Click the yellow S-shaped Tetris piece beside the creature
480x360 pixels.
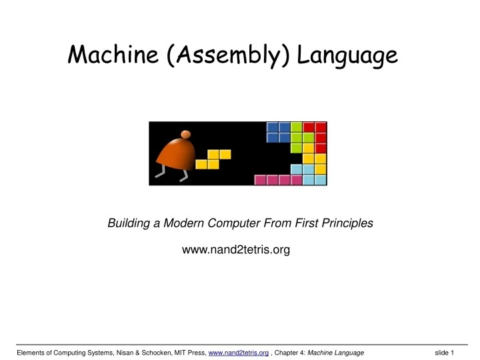tap(213, 159)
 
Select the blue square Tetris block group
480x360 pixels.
tap(279, 132)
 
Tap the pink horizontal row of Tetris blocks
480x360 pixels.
tap(279, 180)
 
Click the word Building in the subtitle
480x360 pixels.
tap(128, 224)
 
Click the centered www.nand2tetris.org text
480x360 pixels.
tap(236, 250)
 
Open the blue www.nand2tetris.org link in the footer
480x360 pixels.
tap(239, 353)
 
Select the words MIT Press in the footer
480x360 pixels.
tap(189, 353)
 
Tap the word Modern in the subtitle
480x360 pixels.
tap(188, 224)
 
